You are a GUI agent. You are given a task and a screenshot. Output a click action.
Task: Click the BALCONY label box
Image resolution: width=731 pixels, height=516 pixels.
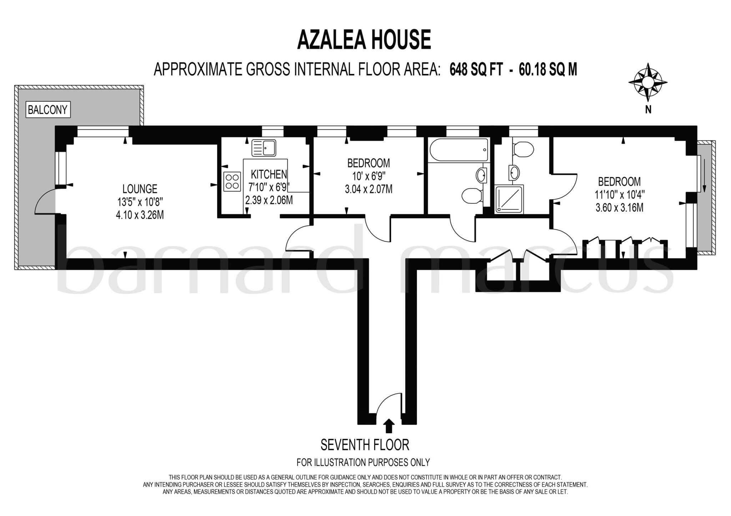47,110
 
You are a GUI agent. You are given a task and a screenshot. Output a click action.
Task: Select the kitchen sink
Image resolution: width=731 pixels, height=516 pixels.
264,148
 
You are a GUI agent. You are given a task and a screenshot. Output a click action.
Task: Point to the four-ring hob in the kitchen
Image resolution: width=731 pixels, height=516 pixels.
232,181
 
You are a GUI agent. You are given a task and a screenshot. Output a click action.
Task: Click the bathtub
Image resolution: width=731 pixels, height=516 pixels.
459,150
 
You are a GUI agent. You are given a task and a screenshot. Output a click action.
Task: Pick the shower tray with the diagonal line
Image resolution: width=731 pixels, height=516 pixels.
509,199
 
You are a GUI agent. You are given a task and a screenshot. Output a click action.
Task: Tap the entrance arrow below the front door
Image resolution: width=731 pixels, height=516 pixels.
389,426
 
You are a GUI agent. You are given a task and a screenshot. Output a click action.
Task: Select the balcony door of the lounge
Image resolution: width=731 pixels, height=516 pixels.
46,202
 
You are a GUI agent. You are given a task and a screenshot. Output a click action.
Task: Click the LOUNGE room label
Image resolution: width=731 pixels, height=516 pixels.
140,189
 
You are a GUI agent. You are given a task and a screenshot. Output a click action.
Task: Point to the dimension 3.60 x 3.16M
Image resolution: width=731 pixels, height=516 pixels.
619,207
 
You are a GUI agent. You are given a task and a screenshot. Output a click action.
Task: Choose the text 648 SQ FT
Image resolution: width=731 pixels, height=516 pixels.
476,70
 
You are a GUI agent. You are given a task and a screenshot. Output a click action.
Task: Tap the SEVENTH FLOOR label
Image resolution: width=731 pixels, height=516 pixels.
364,445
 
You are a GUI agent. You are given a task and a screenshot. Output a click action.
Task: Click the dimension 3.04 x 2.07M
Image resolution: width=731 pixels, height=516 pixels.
368,189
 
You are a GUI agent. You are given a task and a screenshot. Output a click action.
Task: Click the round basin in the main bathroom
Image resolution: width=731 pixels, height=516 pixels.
481,175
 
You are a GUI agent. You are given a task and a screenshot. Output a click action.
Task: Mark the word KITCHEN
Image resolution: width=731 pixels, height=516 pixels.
269,174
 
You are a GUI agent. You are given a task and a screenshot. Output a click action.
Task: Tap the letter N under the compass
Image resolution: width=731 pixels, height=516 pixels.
648,110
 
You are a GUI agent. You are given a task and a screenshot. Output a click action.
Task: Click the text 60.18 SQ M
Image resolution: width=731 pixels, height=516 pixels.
548,70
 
